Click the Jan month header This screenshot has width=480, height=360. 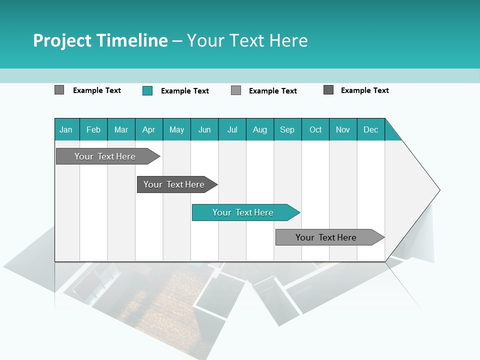pyautogui.click(x=66, y=129)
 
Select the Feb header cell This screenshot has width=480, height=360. pyautogui.click(x=93, y=129)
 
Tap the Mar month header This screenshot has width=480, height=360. pyautogui.click(x=121, y=129)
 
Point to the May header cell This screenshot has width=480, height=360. pyautogui.click(x=176, y=129)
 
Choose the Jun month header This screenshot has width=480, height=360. pyautogui.click(x=204, y=129)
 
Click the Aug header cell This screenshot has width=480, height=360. pyautogui.click(x=260, y=129)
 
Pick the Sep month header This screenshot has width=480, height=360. pyautogui.click(x=287, y=129)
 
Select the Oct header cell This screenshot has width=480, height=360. pyautogui.click(x=315, y=129)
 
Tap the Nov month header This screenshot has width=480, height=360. pyautogui.click(x=343, y=129)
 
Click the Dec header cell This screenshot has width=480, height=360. pyautogui.click(x=371, y=129)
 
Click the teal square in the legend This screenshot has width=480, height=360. pyautogui.click(x=147, y=90)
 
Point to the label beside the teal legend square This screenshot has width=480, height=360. pyautogui.click(x=185, y=91)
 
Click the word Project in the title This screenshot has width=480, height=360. pyautogui.click(x=62, y=40)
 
